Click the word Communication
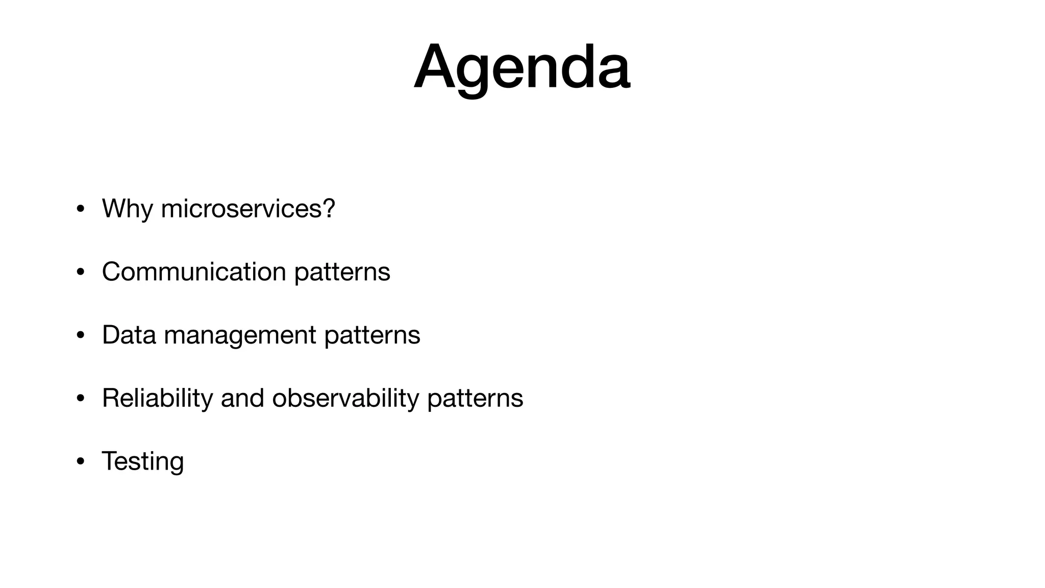(194, 272)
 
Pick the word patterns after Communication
(342, 272)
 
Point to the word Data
(129, 335)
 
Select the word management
(240, 335)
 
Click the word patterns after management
(372, 335)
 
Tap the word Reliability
(157, 398)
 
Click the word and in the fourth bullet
(242, 398)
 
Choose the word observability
(345, 398)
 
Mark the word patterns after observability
(475, 399)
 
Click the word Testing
(143, 461)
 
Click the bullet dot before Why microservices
(80, 209)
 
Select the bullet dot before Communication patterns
(80, 273)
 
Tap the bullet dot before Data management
(80, 336)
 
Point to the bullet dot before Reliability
(80, 399)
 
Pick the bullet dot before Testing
(80, 462)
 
